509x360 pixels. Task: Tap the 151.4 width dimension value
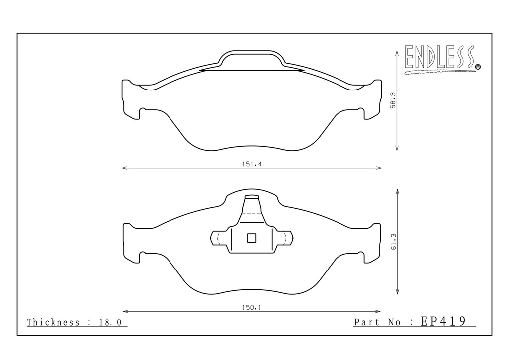pos(252,164)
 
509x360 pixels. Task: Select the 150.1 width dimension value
pos(252,307)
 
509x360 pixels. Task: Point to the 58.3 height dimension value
pos(393,100)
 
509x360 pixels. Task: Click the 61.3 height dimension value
pos(394,242)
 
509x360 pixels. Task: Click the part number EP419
pos(443,321)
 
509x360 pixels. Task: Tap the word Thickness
pos(53,322)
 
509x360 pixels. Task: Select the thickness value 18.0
pos(110,322)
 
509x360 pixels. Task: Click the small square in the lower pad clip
pos(252,238)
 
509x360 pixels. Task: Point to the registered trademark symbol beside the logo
pos(478,67)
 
